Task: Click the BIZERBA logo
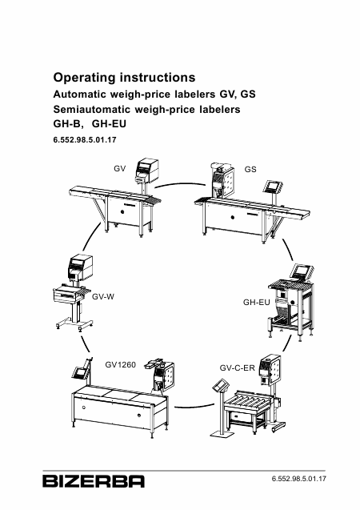pos(94,481)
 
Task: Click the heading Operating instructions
pos(125,78)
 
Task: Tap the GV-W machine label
pos(103,296)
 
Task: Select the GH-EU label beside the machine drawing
pos(256,303)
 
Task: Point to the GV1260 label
pos(120,365)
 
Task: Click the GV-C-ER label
pos(237,368)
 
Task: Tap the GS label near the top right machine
pos(250,170)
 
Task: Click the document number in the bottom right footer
pos(299,479)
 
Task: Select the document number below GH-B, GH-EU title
pos(85,140)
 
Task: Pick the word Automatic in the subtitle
pos(80,94)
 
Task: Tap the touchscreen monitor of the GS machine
pos(274,186)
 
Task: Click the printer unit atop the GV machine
pos(147,170)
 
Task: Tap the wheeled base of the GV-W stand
pos(74,325)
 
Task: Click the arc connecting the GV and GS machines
pos(180,184)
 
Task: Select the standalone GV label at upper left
pos(119,169)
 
